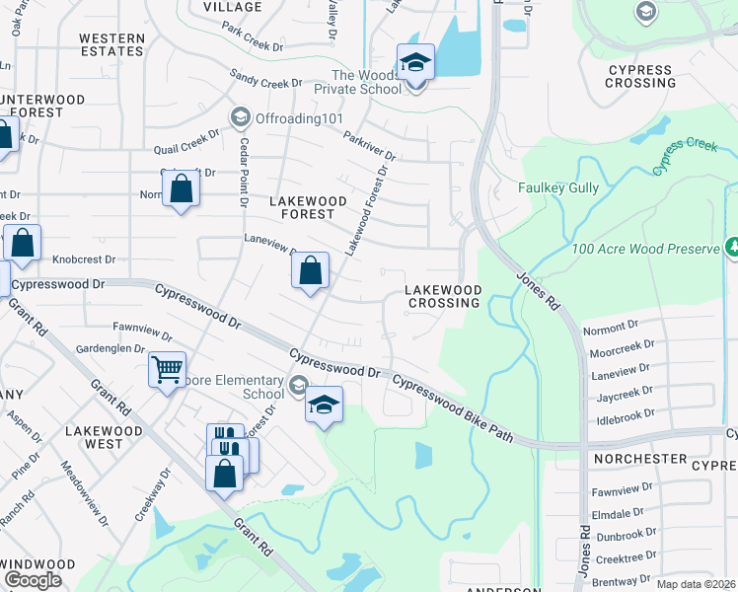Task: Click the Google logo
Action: (x=34, y=580)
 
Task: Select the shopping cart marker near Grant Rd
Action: (x=167, y=370)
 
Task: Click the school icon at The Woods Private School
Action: (x=415, y=62)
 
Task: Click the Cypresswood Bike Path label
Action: (x=453, y=407)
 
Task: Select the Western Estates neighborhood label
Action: (x=111, y=45)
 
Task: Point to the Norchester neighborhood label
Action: (x=639, y=459)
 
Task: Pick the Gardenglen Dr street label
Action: (x=111, y=347)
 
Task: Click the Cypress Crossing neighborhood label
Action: (x=642, y=76)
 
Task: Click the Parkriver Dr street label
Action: (x=370, y=147)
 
